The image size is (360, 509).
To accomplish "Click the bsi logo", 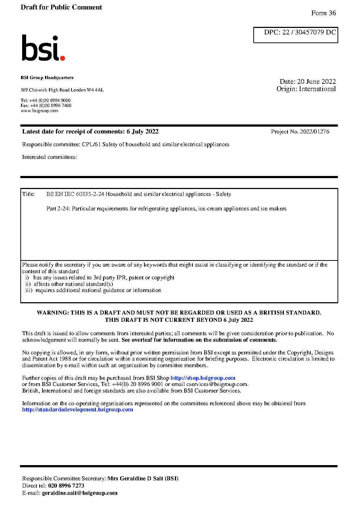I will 43,48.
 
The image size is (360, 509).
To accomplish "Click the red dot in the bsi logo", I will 62,58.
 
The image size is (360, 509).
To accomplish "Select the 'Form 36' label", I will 323,13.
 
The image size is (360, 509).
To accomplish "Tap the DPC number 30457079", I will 309,32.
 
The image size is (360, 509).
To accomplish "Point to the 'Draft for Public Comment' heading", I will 61,7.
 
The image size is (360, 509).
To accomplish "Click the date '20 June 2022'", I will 316,82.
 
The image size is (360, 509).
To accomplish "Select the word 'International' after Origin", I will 317,89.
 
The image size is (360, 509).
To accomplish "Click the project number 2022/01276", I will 315,132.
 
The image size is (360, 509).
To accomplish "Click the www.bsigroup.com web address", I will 40,111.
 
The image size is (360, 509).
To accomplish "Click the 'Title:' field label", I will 29,194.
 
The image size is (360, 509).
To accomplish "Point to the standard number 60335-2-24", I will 90,194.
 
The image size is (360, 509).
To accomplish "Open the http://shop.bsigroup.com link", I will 203,378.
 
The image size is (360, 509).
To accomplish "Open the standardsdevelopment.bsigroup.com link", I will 78,410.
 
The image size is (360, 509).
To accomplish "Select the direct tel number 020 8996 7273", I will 66,486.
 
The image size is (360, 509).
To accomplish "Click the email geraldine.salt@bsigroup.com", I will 80,493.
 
